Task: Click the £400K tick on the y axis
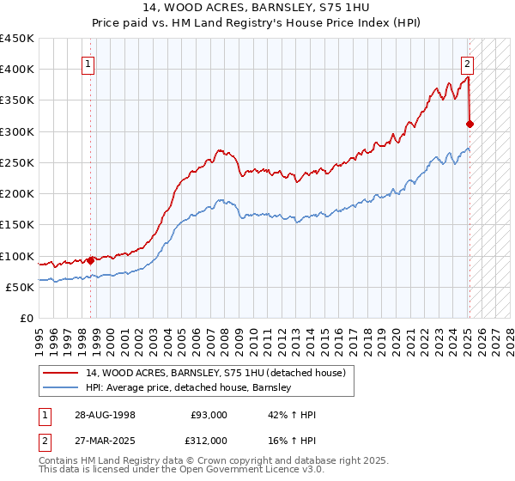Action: (17, 70)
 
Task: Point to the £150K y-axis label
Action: (17, 225)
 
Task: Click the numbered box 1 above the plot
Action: (89, 63)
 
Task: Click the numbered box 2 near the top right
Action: (467, 63)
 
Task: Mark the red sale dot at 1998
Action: (90, 260)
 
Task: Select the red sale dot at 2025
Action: (470, 124)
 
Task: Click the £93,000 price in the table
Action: (209, 415)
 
